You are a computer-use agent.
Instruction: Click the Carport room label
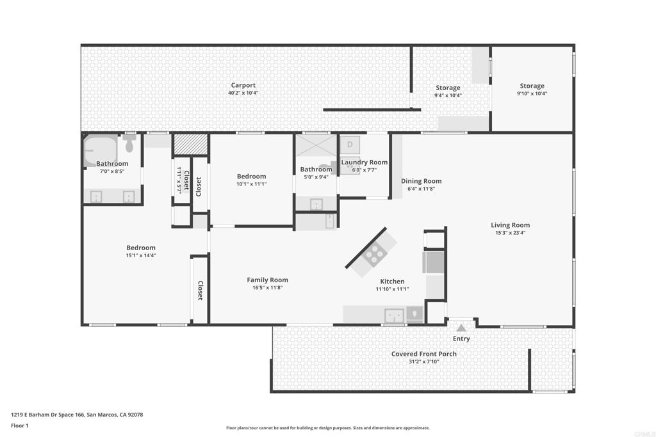click(243, 86)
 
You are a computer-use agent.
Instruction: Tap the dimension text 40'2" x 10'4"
click(243, 93)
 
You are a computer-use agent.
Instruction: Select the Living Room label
click(510, 225)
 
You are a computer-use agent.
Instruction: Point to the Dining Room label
click(422, 181)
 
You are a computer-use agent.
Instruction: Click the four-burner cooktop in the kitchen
click(373, 253)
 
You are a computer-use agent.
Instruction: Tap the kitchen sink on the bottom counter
click(394, 315)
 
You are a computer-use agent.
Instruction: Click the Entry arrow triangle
click(461, 328)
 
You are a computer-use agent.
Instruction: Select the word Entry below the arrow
click(461, 339)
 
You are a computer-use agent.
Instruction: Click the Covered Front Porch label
click(424, 354)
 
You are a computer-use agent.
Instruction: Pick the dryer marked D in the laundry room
click(350, 145)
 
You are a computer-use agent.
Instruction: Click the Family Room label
click(267, 280)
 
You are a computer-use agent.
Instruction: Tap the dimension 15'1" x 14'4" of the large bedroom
click(141, 255)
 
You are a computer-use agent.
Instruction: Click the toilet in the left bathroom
click(129, 143)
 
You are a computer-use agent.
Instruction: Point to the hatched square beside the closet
click(191, 144)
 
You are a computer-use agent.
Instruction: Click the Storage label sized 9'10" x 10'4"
click(532, 86)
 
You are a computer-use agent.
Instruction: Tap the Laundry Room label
click(365, 162)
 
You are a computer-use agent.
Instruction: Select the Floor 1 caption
click(20, 425)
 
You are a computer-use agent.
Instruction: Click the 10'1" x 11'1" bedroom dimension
click(251, 184)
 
